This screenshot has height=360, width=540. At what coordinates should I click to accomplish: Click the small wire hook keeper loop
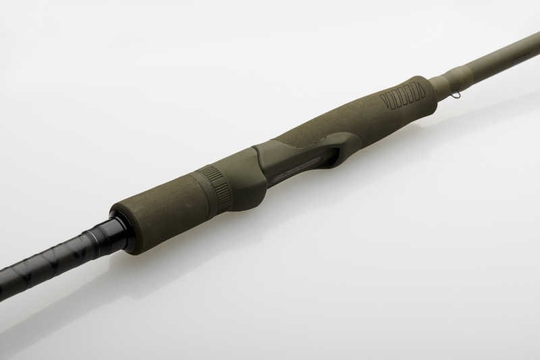click(x=457, y=94)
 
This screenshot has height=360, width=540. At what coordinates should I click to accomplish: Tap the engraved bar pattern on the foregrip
click(x=403, y=97)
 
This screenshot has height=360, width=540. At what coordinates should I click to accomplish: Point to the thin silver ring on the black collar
click(x=101, y=238)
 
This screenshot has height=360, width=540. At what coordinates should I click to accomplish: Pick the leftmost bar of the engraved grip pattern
click(x=384, y=103)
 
